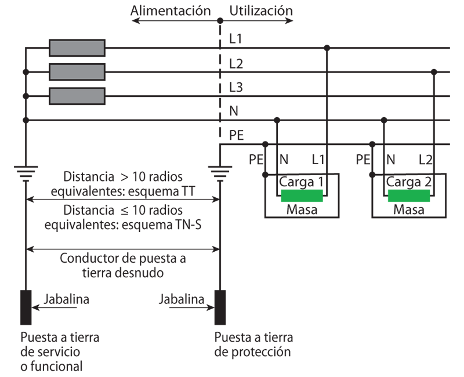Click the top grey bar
77,48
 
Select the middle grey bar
77,72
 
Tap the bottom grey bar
77,96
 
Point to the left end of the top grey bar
52,48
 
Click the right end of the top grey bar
102,48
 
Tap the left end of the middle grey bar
52,72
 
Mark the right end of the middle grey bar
102,72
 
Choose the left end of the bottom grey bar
52,96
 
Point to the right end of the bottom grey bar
102,96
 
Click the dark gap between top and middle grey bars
77,60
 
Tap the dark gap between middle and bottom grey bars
77,84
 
